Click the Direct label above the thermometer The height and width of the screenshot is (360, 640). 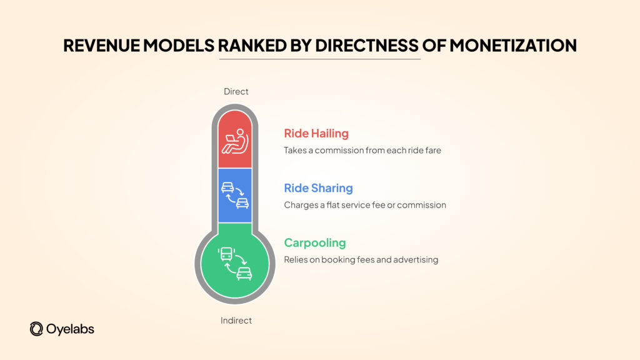point(236,92)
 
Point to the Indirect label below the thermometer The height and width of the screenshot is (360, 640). point(236,321)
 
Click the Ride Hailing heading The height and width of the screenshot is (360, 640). point(316,133)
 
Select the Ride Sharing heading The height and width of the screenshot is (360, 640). point(318,188)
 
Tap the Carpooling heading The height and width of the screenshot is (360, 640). point(315,242)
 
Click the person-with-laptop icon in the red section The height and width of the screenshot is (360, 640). point(235,142)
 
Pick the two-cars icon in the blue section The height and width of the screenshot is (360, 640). point(235,195)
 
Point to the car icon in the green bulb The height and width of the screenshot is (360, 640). point(244,273)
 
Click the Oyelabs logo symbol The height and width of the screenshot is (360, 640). point(36,329)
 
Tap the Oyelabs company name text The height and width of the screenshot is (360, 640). point(69,329)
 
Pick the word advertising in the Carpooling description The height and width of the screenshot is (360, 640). point(416,259)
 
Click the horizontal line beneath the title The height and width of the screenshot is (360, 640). point(320,59)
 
